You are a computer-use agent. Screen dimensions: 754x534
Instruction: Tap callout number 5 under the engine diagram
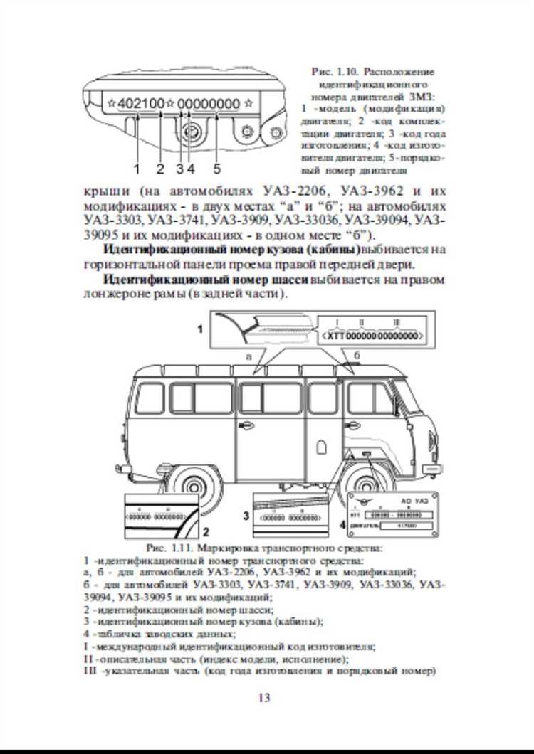tap(216, 169)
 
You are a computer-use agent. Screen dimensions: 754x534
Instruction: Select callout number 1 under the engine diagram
tap(136, 169)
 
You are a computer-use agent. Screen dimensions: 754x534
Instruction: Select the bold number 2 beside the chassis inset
tap(205, 531)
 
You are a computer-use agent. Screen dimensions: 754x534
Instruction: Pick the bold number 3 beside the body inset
tap(245, 514)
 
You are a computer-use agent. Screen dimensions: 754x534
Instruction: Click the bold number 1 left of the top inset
tap(200, 329)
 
